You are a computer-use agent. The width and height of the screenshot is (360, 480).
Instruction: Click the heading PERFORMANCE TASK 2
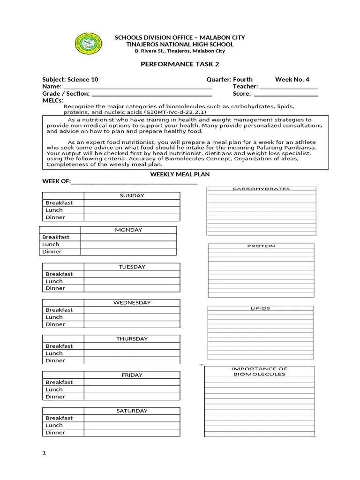tap(180, 64)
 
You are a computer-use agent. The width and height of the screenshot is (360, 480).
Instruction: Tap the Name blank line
tap(137, 87)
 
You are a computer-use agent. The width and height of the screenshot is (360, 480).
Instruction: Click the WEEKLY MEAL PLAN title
tap(180, 174)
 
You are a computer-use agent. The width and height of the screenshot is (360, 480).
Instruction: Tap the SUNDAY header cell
tap(132, 195)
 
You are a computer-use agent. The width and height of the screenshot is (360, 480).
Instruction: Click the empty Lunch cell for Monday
tap(128, 244)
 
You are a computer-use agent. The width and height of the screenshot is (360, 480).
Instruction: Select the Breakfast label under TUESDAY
tap(59, 274)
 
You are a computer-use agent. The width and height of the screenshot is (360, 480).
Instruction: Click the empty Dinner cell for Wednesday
tap(132, 324)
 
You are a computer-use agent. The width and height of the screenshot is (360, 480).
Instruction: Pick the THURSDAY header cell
tap(132, 338)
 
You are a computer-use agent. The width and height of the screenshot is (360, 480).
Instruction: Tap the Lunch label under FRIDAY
tap(54, 389)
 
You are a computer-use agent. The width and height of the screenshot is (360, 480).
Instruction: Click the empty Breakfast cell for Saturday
tap(132, 418)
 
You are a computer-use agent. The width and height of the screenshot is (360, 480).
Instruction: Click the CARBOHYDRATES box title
tap(261, 189)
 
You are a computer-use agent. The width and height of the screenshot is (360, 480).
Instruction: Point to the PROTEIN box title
tap(261, 246)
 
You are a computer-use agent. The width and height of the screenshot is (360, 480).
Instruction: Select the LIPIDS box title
tap(261, 308)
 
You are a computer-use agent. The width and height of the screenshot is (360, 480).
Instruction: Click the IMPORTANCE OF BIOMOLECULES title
tap(259, 372)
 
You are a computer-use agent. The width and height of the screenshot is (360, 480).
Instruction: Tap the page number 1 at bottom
tap(44, 453)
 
